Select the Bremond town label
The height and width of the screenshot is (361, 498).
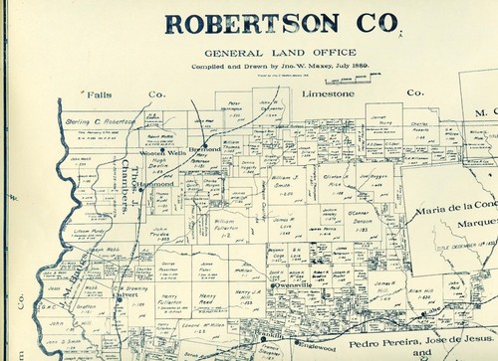coord(205,148)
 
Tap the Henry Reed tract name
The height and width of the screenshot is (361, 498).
coord(205,299)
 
